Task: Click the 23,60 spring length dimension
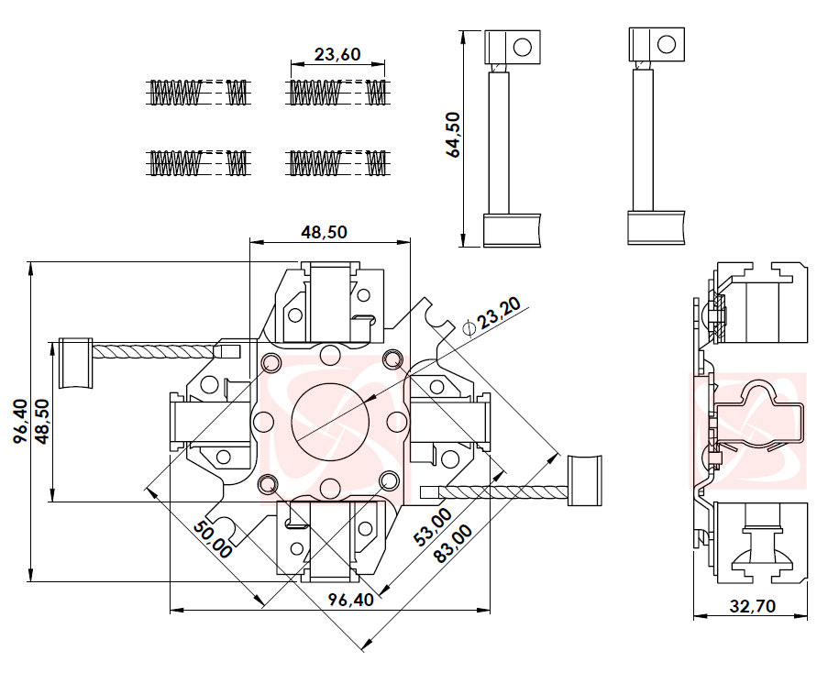tap(337, 54)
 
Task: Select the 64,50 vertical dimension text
tap(453, 137)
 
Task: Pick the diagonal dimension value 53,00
tap(431, 528)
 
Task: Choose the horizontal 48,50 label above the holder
tap(324, 232)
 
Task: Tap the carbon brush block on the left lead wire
tap(75, 363)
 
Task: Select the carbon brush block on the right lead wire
tap(584, 480)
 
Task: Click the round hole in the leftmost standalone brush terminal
tap(524, 46)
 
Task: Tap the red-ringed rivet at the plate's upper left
tap(270, 364)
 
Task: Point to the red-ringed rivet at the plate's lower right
tap(390, 480)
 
